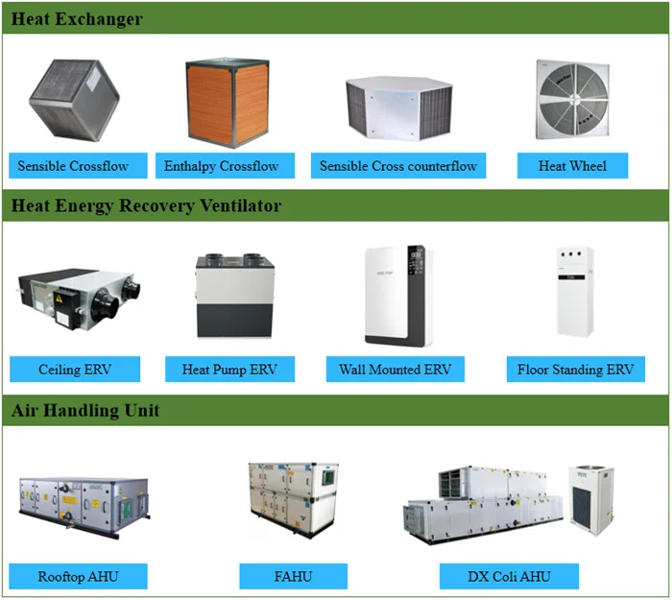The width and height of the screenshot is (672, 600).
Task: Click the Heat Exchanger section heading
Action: pos(77,19)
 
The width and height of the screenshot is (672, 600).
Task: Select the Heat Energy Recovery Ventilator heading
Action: pos(146,205)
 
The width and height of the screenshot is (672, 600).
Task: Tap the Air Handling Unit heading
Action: pos(85,411)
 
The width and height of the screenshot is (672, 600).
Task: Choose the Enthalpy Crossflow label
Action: pos(221,166)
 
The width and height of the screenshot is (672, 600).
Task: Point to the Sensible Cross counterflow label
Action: pos(398,166)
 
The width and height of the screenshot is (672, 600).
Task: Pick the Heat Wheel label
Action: pos(572,166)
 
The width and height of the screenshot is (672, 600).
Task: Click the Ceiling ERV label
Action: pos(75,370)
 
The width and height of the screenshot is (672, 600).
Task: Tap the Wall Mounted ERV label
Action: pos(395,370)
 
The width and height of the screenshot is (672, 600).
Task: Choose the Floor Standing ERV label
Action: pos(575,370)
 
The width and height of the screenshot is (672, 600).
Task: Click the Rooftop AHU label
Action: pos(79,577)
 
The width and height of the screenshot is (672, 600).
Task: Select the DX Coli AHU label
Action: pos(509,577)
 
